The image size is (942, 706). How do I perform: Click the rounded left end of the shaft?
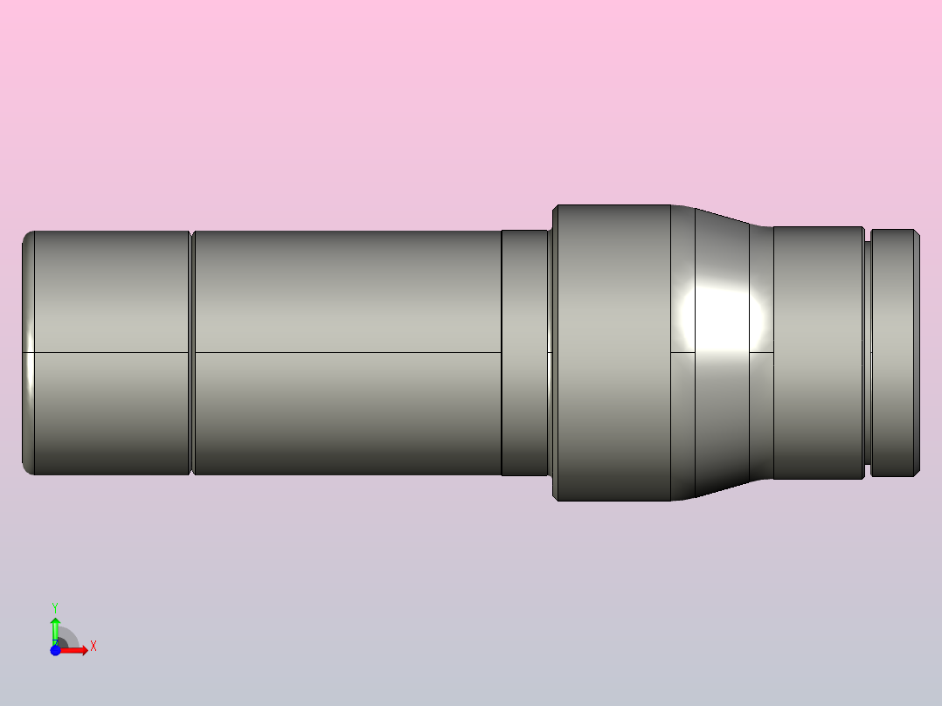(x=27, y=353)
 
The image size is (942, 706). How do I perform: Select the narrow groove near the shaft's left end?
(x=191, y=353)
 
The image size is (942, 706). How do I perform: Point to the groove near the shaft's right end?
(x=868, y=353)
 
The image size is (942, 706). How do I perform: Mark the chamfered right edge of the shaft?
(x=918, y=353)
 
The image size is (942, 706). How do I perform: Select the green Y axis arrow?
(x=54, y=627)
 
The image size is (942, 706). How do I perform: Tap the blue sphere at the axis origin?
(x=55, y=651)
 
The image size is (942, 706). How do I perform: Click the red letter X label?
(x=94, y=647)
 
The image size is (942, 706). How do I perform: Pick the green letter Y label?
(x=55, y=606)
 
